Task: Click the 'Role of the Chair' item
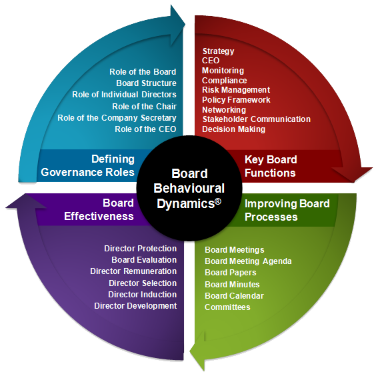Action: (x=144, y=106)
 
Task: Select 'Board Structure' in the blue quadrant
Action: (x=146, y=83)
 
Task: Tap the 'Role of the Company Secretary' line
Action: (x=117, y=118)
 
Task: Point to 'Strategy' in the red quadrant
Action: (x=218, y=51)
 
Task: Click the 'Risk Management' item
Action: (x=236, y=90)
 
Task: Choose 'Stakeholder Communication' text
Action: (x=256, y=119)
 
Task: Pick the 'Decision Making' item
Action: (x=233, y=129)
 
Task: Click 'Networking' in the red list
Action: (x=224, y=110)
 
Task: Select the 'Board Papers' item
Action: (x=230, y=273)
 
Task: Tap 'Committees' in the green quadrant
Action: (x=227, y=307)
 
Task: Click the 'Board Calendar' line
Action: (x=234, y=296)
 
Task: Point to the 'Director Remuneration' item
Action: (x=133, y=271)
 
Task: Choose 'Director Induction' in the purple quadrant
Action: (x=142, y=295)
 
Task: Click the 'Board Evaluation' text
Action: (x=144, y=260)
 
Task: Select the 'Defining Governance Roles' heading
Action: (x=88, y=165)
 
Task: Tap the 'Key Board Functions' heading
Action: (x=271, y=166)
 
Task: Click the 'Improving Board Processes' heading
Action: (x=287, y=210)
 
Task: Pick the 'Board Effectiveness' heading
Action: (x=99, y=210)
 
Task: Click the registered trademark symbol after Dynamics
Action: (x=218, y=201)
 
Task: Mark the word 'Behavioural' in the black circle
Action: (x=189, y=188)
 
